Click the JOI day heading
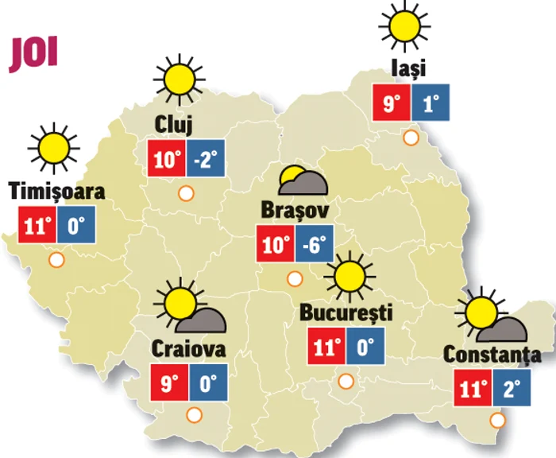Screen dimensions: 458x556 click(34, 53)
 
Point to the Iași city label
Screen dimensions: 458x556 click(409, 68)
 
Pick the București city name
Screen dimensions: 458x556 click(346, 312)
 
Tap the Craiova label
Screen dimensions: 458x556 click(188, 349)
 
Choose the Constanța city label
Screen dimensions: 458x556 click(492, 355)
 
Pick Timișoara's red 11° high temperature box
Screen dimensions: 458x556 click(37, 226)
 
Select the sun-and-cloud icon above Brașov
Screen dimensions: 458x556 click(303, 182)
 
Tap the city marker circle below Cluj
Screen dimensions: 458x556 click(186, 192)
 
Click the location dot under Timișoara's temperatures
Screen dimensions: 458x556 click(56, 259)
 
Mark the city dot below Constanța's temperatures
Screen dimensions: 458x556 click(498, 420)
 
